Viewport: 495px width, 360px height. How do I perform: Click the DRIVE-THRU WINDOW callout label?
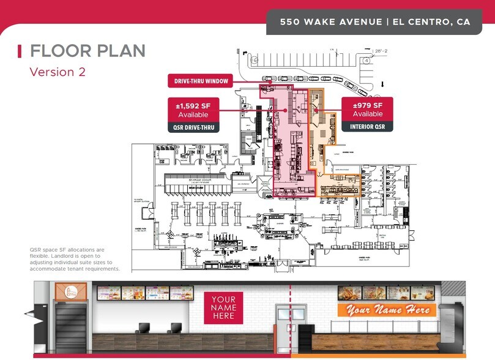[x=199, y=81]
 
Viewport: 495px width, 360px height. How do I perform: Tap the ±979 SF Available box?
[x=367, y=110]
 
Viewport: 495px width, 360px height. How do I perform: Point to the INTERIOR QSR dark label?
[x=367, y=127]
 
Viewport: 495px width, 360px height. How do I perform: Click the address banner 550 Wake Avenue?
[x=375, y=21]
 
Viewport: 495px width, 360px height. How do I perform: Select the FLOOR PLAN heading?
[x=87, y=50]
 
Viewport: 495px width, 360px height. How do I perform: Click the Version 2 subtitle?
[x=58, y=72]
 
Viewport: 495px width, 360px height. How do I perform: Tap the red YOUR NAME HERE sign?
[x=223, y=307]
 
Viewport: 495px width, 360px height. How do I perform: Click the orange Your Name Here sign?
[x=387, y=310]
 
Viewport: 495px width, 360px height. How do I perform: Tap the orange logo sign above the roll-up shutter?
[x=68, y=291]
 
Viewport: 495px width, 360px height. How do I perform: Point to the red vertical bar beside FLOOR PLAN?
[x=20, y=50]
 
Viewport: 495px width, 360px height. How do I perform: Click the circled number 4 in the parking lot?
[x=365, y=61]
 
